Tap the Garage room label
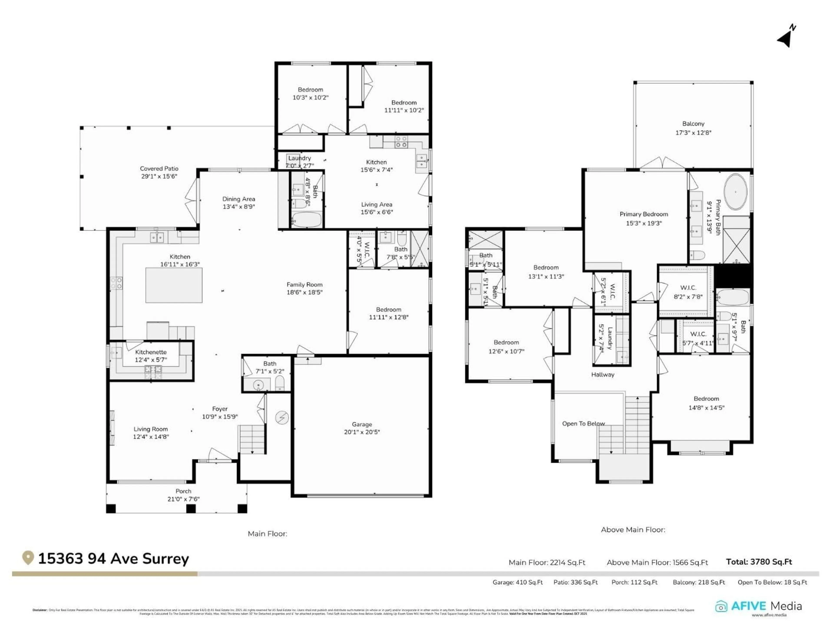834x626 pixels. tap(362, 424)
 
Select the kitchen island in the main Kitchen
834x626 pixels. tap(174, 285)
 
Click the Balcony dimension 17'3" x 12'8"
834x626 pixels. tap(693, 132)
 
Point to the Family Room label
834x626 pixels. tap(304, 285)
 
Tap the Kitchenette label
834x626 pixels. tap(151, 352)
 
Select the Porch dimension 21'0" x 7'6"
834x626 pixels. tap(183, 499)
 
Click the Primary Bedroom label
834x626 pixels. tap(644, 214)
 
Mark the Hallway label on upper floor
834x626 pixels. tap(602, 374)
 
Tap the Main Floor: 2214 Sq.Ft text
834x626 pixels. tap(547, 562)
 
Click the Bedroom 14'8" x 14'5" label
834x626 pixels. tap(706, 398)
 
